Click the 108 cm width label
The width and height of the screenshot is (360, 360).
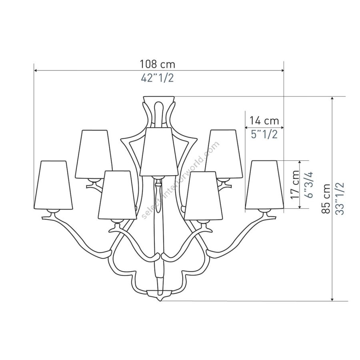point(158,64)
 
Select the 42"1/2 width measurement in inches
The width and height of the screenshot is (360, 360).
point(157,78)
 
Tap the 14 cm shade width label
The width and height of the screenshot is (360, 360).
point(264,121)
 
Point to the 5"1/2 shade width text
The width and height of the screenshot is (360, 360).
point(264,134)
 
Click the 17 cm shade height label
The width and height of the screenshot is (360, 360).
point(295,184)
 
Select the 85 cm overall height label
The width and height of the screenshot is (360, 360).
point(326,199)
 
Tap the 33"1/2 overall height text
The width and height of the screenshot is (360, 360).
point(340,199)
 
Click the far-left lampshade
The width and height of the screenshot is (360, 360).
point(53,185)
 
